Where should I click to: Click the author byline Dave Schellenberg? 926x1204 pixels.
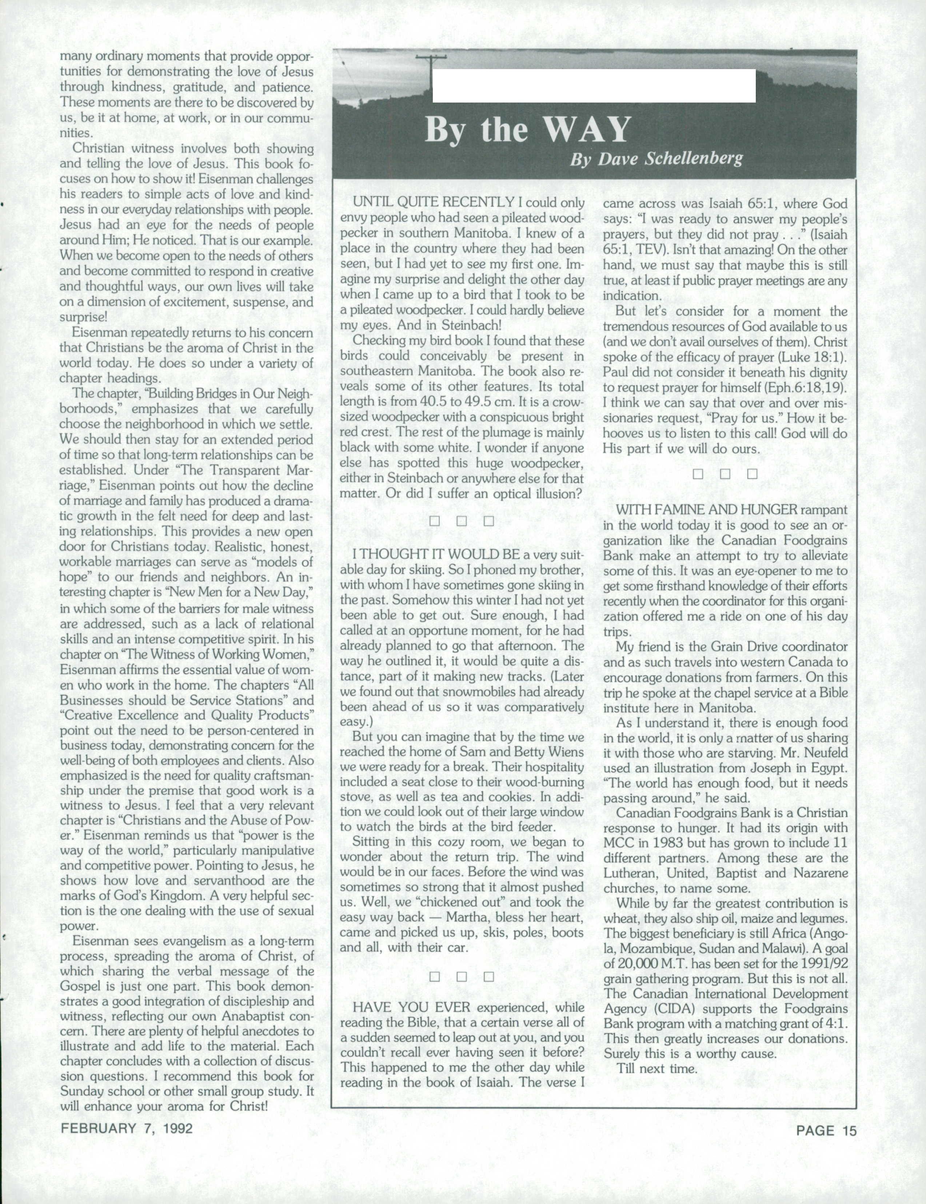(656, 159)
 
